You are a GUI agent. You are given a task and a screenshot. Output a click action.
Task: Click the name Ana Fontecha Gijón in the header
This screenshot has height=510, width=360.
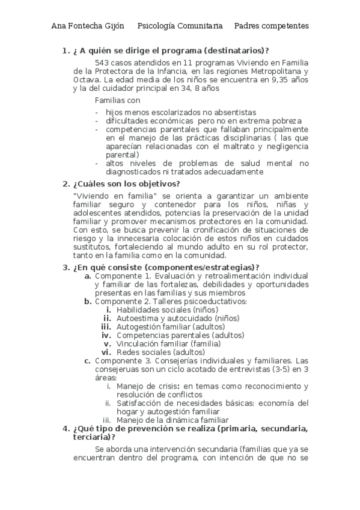[x=88, y=26]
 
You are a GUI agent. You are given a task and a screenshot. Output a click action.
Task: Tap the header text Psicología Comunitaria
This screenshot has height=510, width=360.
[x=180, y=26]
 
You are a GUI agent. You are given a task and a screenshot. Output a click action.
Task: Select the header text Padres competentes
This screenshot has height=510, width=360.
[x=272, y=26]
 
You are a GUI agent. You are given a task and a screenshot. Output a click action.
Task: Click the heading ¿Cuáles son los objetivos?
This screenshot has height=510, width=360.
[x=126, y=184]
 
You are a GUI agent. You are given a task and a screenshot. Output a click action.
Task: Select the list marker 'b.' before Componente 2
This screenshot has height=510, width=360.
[x=88, y=301]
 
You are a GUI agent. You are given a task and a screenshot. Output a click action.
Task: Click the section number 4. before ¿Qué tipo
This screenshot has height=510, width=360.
[x=66, y=428]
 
